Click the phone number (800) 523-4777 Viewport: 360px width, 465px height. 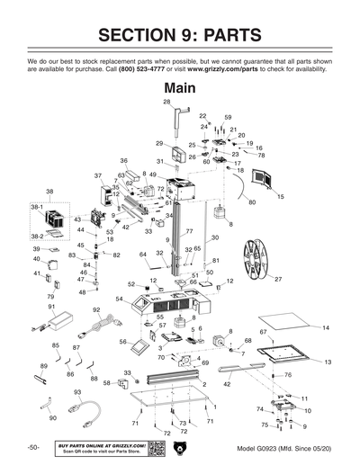tap(147, 72)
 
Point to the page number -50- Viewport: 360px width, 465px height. tap(32, 447)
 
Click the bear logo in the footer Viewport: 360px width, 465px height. tap(179, 447)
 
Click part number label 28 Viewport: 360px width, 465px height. tap(166, 103)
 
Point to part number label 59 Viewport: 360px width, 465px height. tap(228, 118)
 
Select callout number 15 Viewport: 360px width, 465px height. tap(280, 196)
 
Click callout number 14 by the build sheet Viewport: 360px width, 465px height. tap(326, 327)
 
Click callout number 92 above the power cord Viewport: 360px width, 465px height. tap(96, 310)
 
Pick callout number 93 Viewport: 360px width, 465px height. tap(77, 393)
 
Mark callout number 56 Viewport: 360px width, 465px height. tap(122, 342)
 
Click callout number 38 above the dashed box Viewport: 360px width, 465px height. tap(49, 192)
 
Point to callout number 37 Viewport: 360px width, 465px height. tap(98, 176)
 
